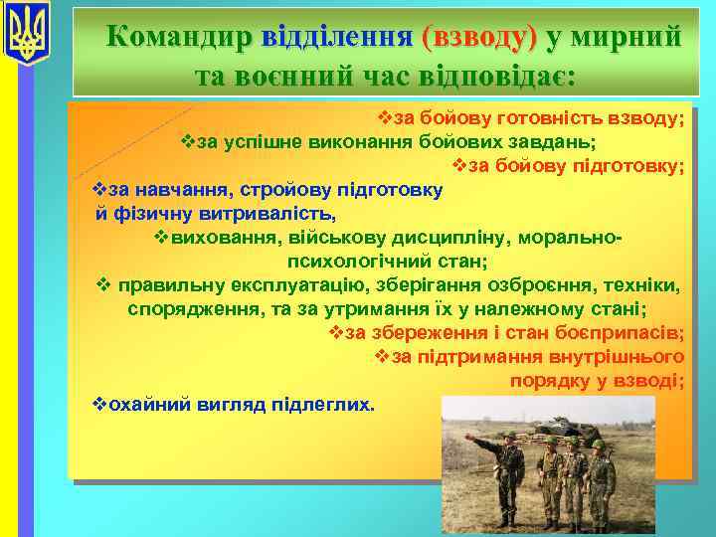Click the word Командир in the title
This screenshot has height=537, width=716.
[x=180, y=37]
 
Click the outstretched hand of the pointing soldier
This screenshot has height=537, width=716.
[x=474, y=440]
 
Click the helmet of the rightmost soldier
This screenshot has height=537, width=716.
[x=598, y=445]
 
